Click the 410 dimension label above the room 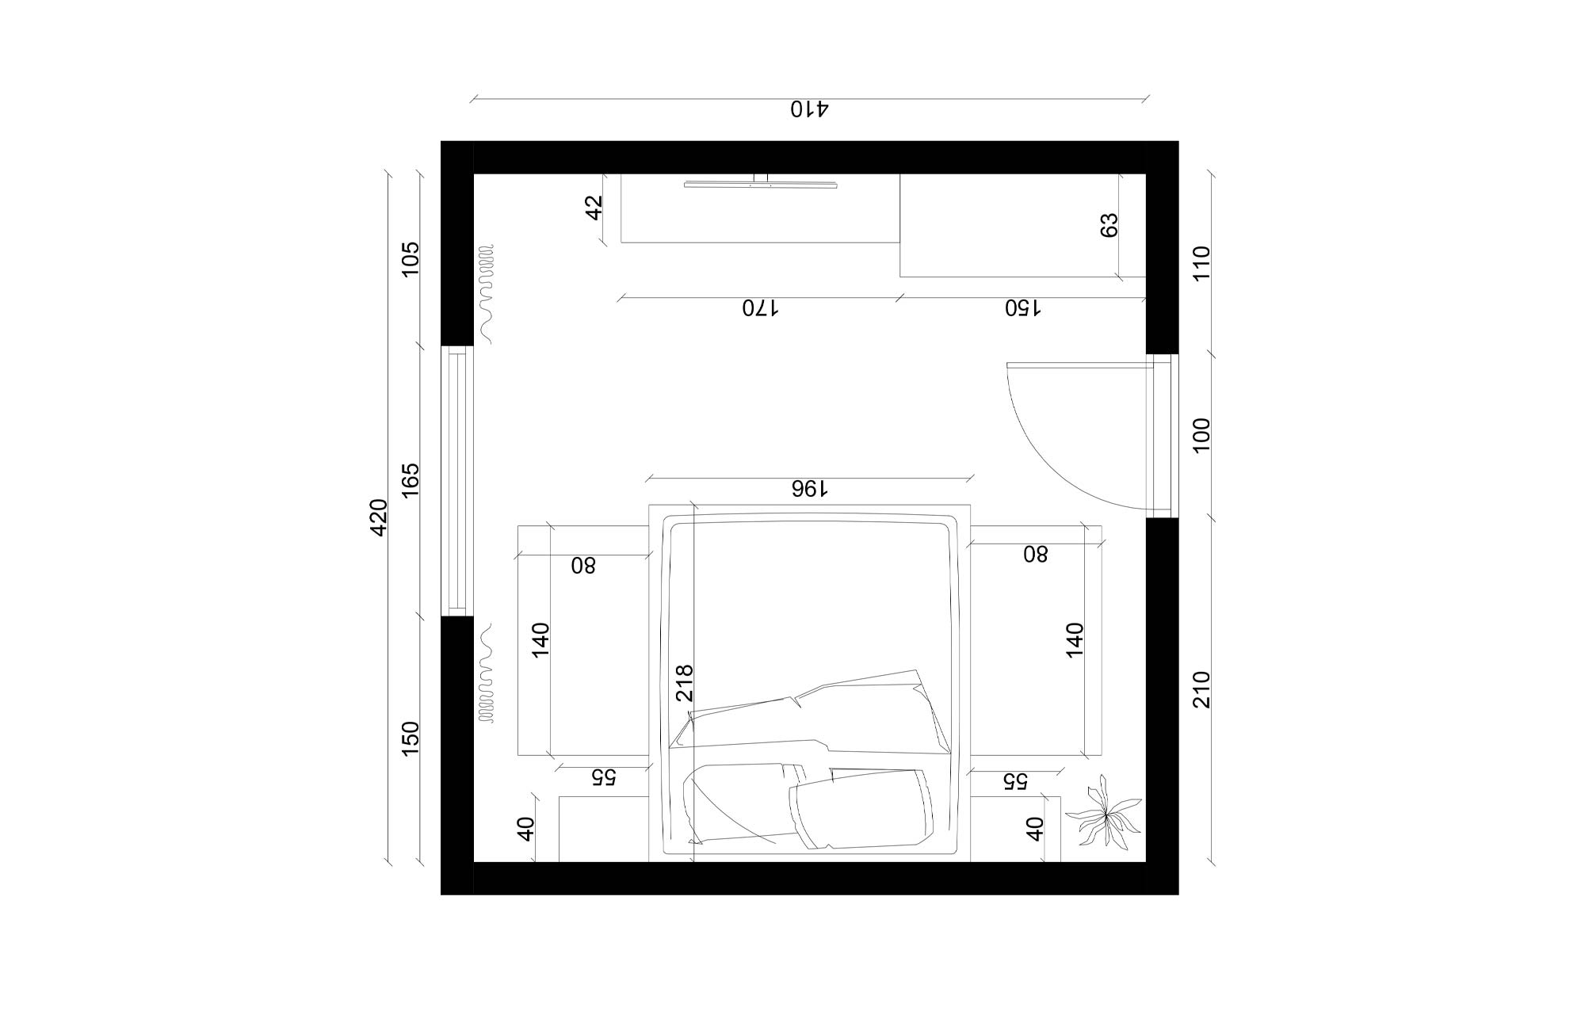[x=809, y=109]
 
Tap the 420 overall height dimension [x=379, y=517]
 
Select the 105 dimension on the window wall [x=411, y=258]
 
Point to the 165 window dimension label [x=411, y=480]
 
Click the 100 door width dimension [x=1201, y=435]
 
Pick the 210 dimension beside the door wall [x=1201, y=689]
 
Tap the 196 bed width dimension [x=809, y=489]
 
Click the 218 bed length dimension [x=685, y=682]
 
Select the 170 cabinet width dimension [x=760, y=307]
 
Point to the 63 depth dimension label [x=1109, y=225]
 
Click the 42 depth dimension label [x=594, y=207]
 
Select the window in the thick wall [x=457, y=480]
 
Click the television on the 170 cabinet [x=761, y=185]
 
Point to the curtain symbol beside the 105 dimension [x=486, y=293]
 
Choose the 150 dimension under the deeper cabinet [x=1022, y=307]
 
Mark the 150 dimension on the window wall [x=411, y=738]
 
